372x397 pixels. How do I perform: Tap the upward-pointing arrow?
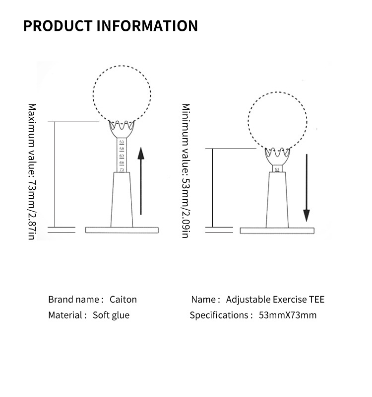click(141, 181)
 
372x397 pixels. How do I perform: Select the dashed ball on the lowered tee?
click(277, 122)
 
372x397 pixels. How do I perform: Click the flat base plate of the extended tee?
click(122, 230)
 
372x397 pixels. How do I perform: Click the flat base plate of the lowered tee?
click(278, 231)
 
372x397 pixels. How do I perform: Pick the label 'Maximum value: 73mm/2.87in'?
click(32, 171)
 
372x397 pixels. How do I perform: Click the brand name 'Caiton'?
click(123, 300)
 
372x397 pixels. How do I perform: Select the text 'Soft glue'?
click(111, 315)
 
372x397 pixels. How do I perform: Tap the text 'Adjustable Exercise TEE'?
click(275, 300)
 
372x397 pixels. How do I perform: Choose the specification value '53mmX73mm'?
click(288, 315)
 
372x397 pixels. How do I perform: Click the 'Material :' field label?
click(67, 315)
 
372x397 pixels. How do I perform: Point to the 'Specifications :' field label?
click(221, 315)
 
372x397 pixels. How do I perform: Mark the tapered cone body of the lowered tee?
click(277, 199)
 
